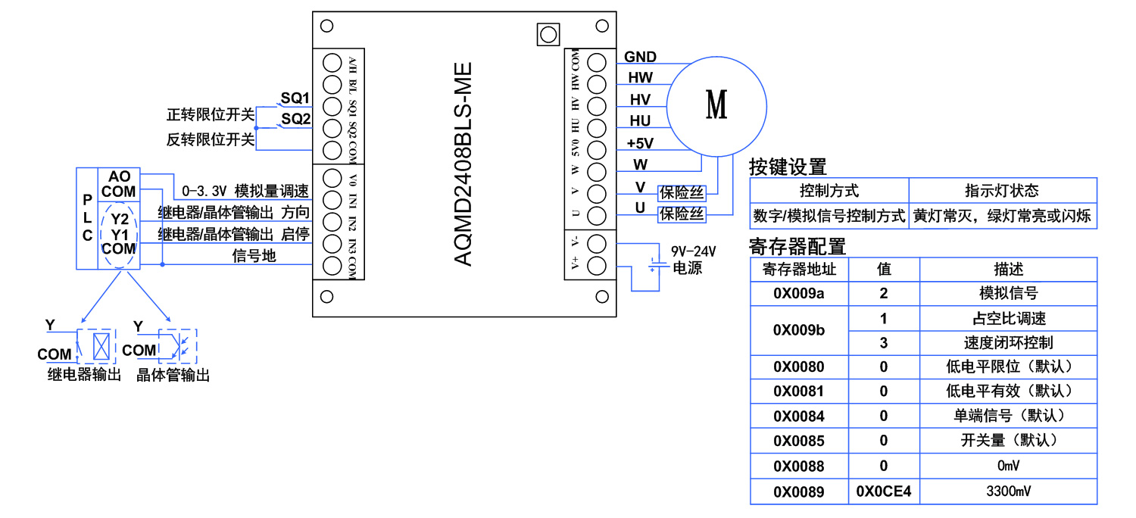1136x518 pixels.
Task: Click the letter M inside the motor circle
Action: point(716,104)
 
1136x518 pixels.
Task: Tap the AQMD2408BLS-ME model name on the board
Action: point(463,164)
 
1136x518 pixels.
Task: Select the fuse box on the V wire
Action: point(682,192)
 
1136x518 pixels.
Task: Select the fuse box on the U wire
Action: point(682,214)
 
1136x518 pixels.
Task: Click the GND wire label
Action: point(640,57)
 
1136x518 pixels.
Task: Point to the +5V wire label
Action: point(640,142)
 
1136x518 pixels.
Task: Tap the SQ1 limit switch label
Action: point(295,98)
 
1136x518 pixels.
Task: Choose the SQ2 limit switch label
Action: point(295,119)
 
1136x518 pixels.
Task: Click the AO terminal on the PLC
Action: point(120,176)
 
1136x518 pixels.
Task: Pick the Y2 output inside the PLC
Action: point(120,220)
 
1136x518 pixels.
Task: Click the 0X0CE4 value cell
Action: point(884,491)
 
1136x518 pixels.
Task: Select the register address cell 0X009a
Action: point(799,294)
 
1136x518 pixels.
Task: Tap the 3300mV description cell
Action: point(1008,491)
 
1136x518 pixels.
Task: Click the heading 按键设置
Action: point(788,167)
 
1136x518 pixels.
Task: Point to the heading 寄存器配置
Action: point(797,246)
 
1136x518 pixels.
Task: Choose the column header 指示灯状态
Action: point(1001,190)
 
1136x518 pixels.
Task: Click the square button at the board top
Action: point(547,34)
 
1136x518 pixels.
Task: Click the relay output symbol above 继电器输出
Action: point(98,345)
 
